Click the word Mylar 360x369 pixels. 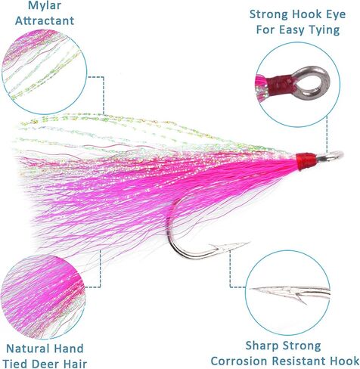(45, 6)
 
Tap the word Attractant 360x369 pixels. (45, 20)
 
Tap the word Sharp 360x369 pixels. (262, 346)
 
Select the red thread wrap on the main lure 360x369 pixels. (306, 160)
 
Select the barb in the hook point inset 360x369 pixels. (300, 298)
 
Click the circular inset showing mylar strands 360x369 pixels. (45, 71)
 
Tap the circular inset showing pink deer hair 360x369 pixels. (43, 296)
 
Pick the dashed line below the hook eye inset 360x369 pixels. (327, 134)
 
